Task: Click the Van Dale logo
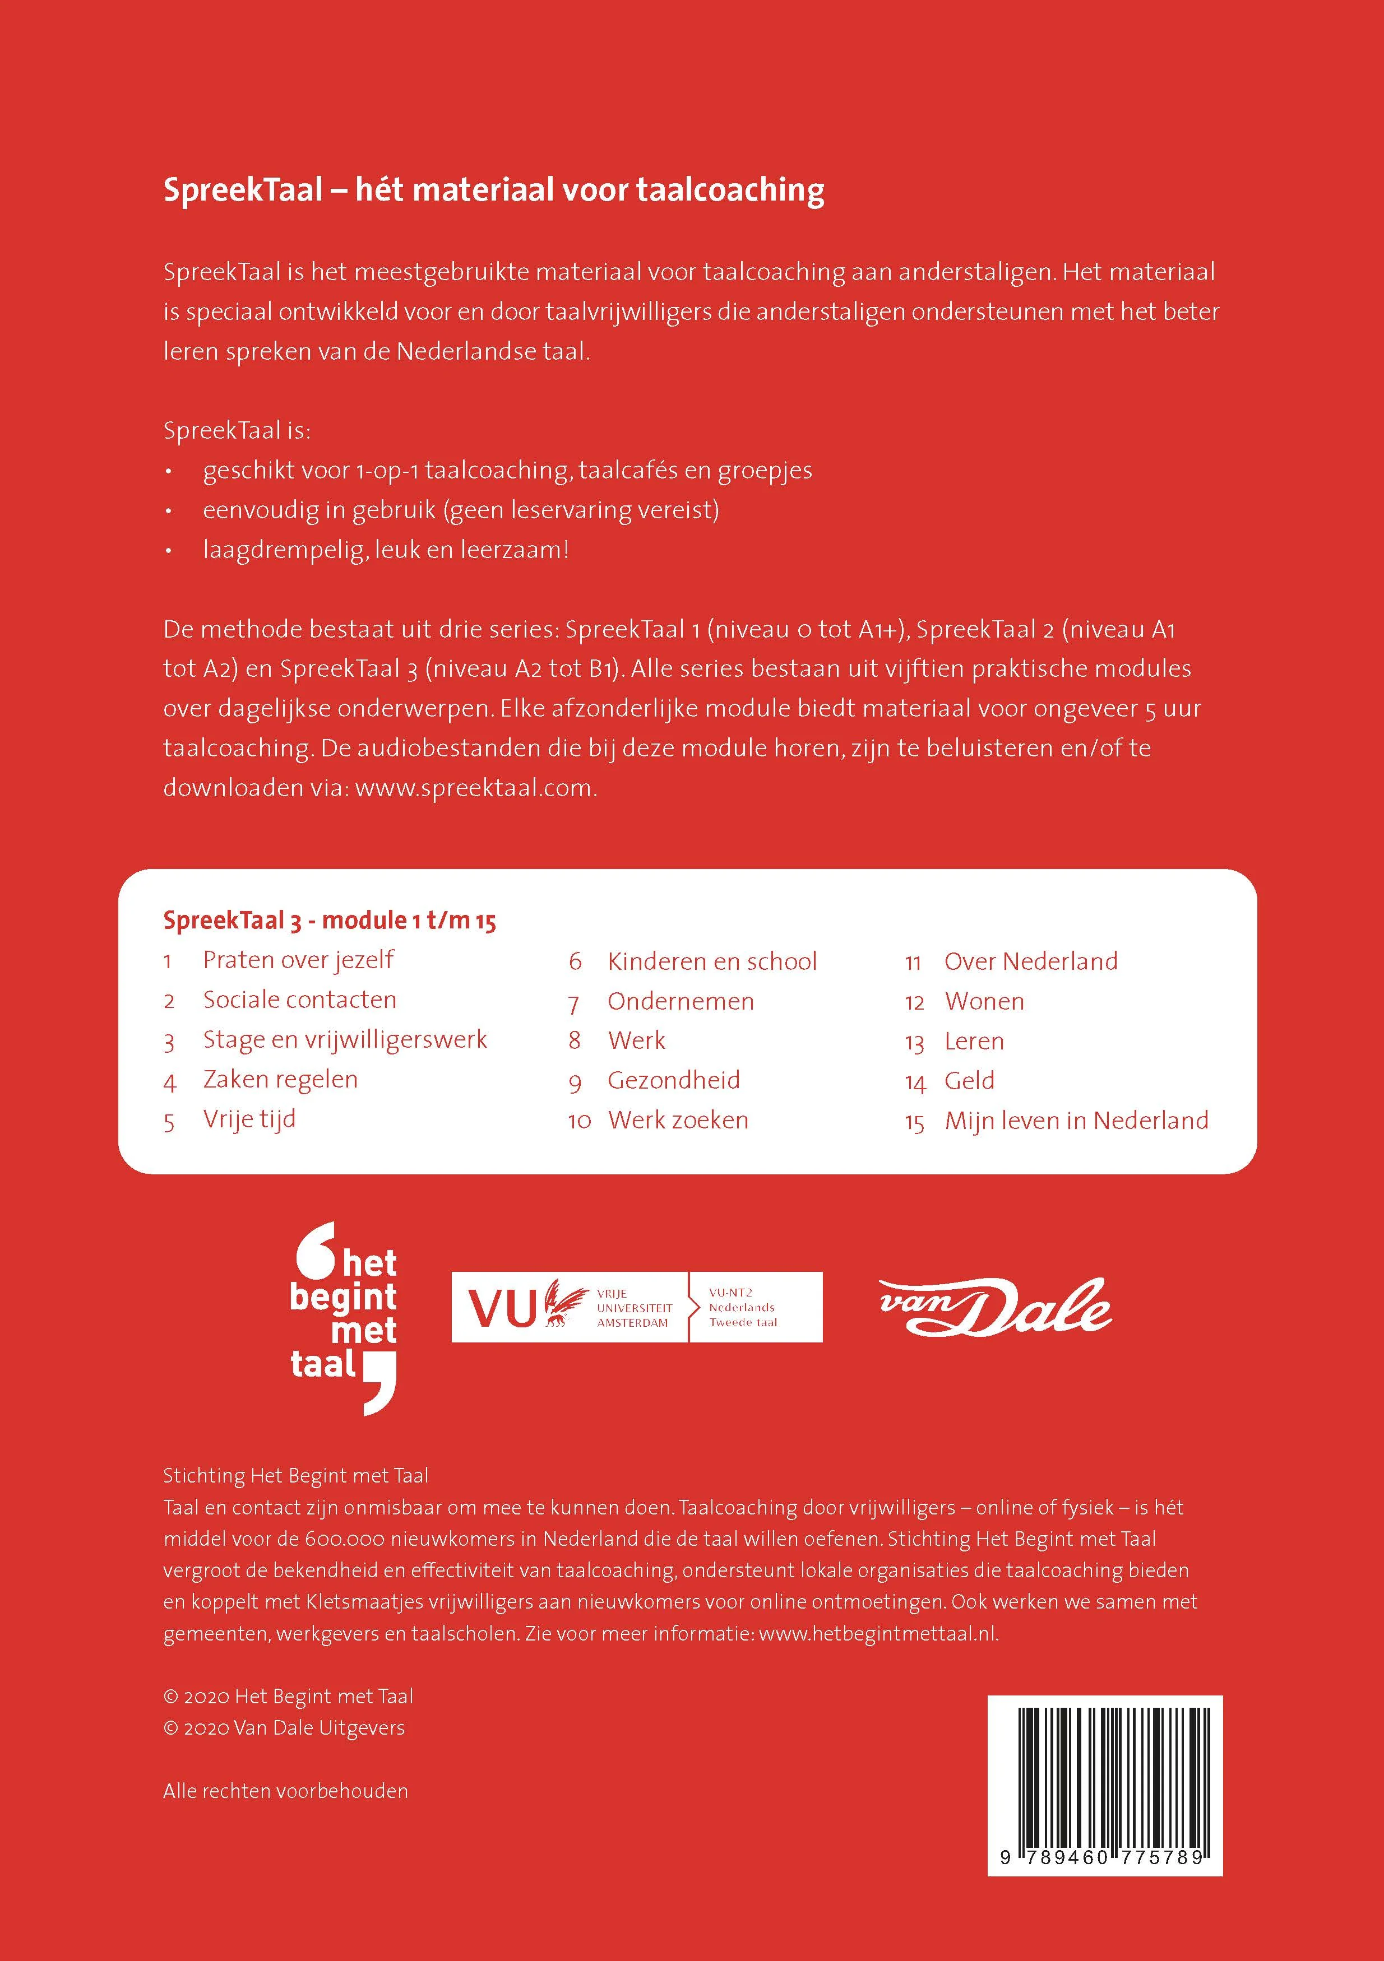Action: point(996,1308)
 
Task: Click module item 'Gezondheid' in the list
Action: point(673,1080)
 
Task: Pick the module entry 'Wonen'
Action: point(984,1001)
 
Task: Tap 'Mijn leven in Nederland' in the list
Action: point(1076,1121)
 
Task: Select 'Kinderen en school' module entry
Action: point(712,961)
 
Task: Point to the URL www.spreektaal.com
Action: point(474,787)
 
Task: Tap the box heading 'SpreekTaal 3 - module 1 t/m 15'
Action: point(330,921)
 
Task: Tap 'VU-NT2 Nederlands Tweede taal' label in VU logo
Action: point(742,1308)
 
